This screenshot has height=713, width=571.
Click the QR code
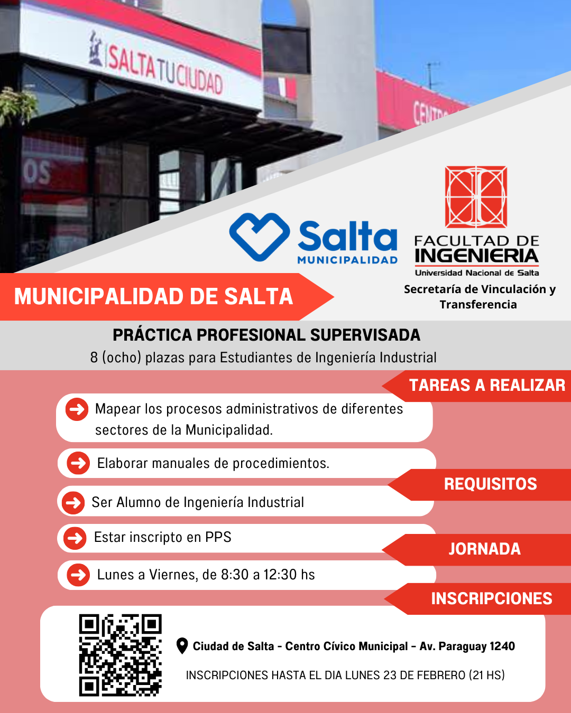pos(120,655)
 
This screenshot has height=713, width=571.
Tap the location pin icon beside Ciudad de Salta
pos(182,646)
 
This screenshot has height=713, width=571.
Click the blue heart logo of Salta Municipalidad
pos(259,237)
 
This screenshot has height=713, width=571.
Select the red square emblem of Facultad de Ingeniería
pos(476,197)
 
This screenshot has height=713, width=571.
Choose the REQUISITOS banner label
pos(491,484)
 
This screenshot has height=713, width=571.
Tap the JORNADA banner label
pos(484,549)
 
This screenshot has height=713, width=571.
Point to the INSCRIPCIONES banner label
pos(491,599)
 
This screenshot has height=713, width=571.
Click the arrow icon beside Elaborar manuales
pos(78,463)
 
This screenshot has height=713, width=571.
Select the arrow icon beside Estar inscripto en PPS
pos(75,538)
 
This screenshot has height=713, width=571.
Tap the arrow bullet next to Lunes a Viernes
pos(78,575)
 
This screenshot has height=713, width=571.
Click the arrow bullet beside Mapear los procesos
pos(77,409)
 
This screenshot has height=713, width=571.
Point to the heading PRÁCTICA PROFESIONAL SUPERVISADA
pos(266,335)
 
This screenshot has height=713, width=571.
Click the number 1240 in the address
pos(502,646)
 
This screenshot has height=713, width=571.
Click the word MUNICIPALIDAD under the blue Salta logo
pos(347,260)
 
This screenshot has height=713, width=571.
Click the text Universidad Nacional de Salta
pos(477,273)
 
